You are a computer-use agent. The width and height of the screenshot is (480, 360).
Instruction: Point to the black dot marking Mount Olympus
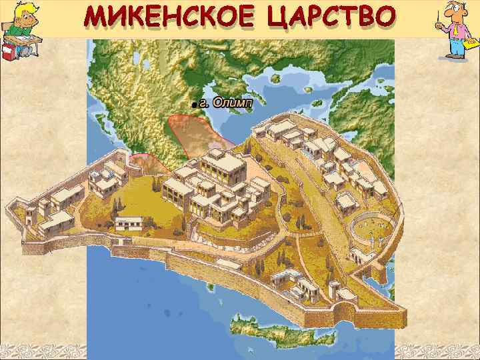click(x=193, y=105)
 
